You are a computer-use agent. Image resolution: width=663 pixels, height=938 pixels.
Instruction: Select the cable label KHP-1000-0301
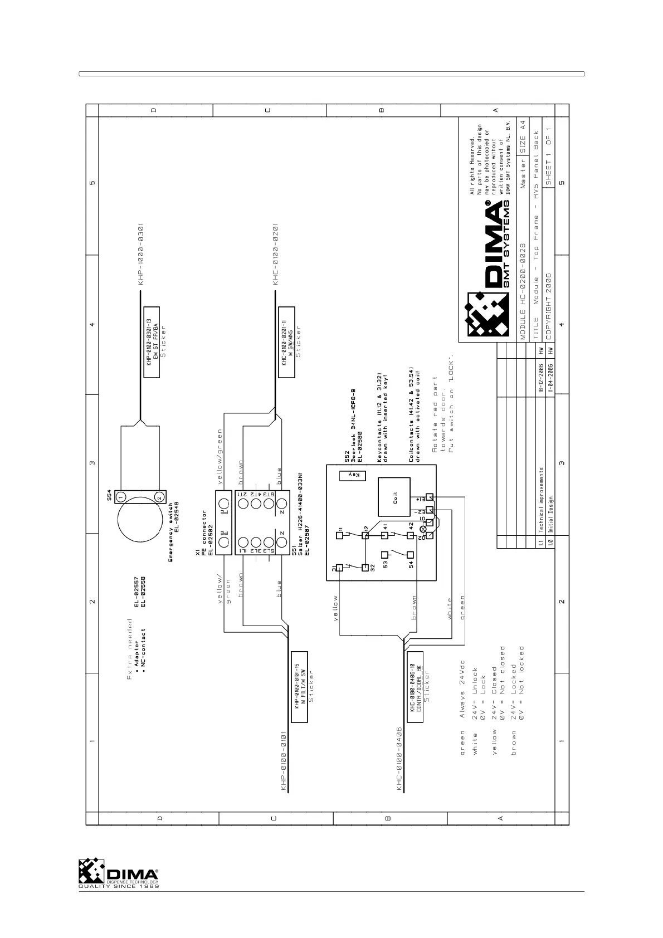142,255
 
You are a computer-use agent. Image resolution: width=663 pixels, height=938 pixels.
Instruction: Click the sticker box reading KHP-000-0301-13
152,342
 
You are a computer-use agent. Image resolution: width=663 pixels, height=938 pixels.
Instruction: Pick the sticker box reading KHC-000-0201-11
286,342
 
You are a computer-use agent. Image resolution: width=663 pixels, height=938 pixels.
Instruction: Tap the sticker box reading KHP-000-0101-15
300,686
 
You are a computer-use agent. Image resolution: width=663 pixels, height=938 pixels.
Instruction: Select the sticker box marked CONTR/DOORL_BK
415,686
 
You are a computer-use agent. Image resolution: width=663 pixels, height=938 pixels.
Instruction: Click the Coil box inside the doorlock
394,497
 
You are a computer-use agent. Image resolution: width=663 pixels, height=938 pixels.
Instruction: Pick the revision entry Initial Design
550,514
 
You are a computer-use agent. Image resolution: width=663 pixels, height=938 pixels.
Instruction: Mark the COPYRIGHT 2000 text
549,303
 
